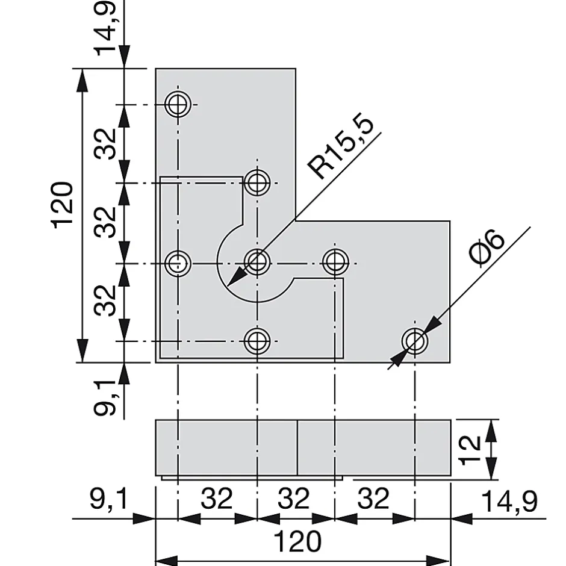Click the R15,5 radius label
coord(341,148)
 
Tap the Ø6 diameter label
coord(487,249)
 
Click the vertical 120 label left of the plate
coord(63,205)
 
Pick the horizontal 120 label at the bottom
coord(297,541)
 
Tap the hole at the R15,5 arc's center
coord(257,263)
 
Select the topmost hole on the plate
coord(178,105)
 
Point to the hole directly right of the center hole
coord(335,263)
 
